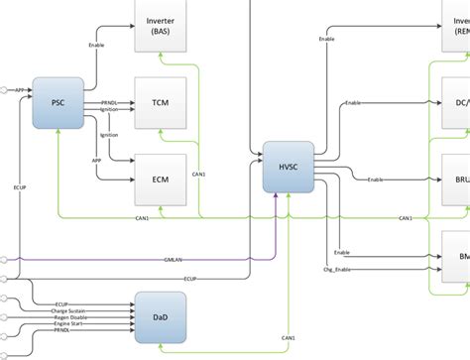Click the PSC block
58,103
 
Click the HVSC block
289,168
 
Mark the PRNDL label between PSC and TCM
109,102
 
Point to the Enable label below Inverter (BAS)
96,45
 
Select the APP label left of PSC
19,90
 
